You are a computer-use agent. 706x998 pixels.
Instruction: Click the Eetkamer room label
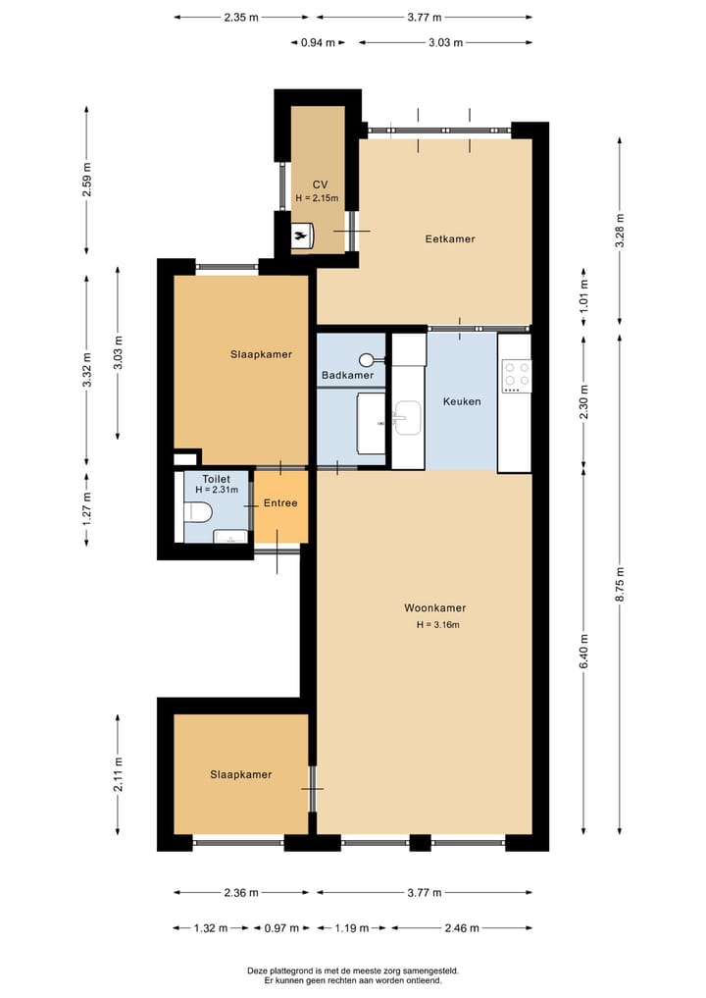(450, 239)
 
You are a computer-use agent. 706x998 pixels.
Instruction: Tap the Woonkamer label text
(435, 607)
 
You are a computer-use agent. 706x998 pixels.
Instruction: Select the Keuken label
(462, 401)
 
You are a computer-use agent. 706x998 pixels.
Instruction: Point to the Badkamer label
(347, 376)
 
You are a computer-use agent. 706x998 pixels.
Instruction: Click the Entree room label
(280, 502)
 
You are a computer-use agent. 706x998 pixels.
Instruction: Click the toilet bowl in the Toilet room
(197, 512)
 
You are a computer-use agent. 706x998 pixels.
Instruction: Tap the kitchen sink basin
(407, 418)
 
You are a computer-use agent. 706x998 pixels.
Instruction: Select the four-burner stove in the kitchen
(517, 376)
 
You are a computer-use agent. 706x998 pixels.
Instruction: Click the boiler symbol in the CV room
(302, 236)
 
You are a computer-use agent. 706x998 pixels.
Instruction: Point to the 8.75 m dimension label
(620, 584)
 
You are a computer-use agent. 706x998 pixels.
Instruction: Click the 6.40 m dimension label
(583, 652)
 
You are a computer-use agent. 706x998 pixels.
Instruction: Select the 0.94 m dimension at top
(318, 42)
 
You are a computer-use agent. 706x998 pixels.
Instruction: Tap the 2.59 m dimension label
(87, 181)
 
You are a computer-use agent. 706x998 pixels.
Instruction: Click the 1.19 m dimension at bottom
(352, 928)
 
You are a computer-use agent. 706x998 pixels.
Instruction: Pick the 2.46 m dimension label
(462, 928)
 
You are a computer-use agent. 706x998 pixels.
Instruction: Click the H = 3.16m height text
(438, 624)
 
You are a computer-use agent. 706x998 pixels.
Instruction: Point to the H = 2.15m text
(317, 198)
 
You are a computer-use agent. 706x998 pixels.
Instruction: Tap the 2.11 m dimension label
(118, 774)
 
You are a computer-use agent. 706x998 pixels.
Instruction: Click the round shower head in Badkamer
(367, 360)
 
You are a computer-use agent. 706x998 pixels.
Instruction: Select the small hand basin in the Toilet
(230, 537)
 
